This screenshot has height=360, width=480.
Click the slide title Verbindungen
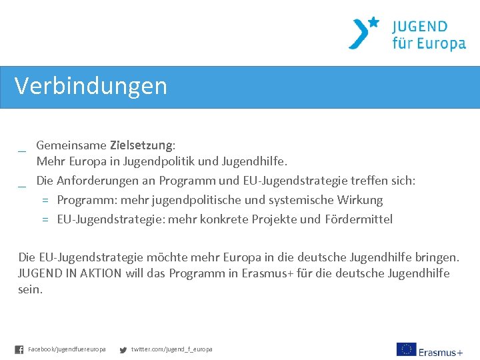tap(91, 86)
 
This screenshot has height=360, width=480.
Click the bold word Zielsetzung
tap(141, 145)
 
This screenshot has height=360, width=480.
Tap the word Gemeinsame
tap(71, 145)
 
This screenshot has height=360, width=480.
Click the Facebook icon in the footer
tap(19, 349)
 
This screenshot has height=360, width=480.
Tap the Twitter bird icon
tap(123, 349)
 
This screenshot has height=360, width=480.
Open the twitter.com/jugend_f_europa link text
tap(172, 349)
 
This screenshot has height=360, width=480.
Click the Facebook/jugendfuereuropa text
tap(67, 349)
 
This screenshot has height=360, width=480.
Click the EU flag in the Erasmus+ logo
tap(406, 349)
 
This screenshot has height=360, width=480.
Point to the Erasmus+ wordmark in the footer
tap(441, 351)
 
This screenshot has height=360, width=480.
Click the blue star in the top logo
tap(373, 22)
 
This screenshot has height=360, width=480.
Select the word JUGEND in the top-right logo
tap(419, 27)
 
